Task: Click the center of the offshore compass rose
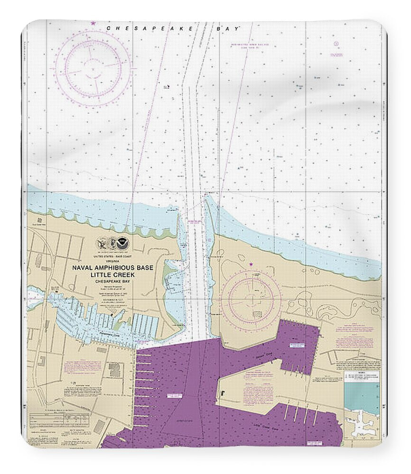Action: coord(93,68)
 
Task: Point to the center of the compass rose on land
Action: coord(251,298)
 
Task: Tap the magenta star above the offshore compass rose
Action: coord(93,23)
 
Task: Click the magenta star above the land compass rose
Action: coord(251,264)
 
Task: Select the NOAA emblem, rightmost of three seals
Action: coord(124,244)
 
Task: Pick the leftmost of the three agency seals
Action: coord(101,244)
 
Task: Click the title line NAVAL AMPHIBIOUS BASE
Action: coord(112,268)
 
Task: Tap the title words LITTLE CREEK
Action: coord(112,274)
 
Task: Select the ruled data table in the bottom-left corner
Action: coord(45,419)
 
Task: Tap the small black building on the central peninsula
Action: coord(221,392)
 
